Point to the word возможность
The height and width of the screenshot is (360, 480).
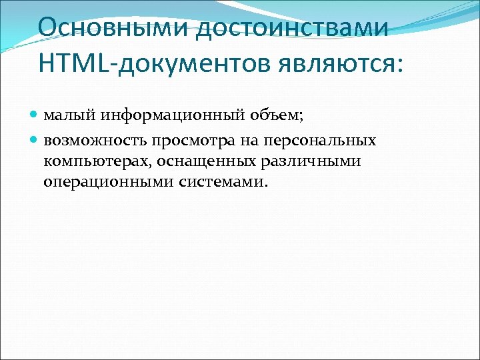coord(95,141)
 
